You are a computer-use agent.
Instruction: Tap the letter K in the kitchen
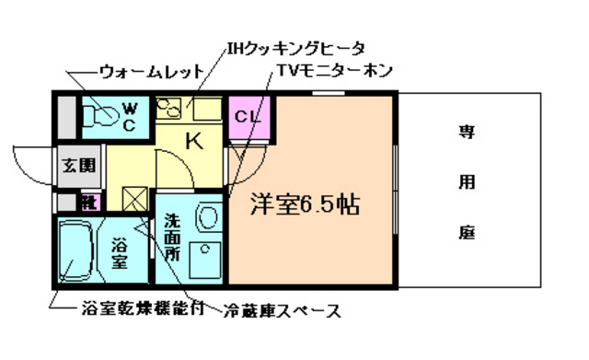tap(195, 141)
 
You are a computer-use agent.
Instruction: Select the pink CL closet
tap(246, 117)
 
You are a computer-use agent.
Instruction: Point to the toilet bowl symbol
tap(99, 115)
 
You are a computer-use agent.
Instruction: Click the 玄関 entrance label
tap(78, 168)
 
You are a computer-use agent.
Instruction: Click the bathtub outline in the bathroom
tap(80, 251)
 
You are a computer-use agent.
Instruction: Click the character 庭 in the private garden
tap(468, 232)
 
